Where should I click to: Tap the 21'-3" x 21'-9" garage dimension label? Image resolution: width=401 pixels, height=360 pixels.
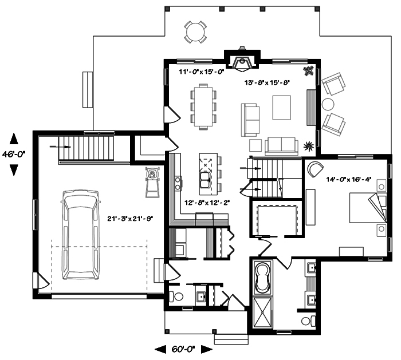point(131,218)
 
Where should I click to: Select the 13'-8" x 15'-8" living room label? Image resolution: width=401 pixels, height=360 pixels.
point(268,82)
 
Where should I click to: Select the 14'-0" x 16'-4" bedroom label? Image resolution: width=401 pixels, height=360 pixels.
point(349,179)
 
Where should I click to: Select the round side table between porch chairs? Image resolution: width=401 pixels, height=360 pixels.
point(328,104)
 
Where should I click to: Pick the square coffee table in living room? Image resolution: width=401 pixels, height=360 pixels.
point(282,107)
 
